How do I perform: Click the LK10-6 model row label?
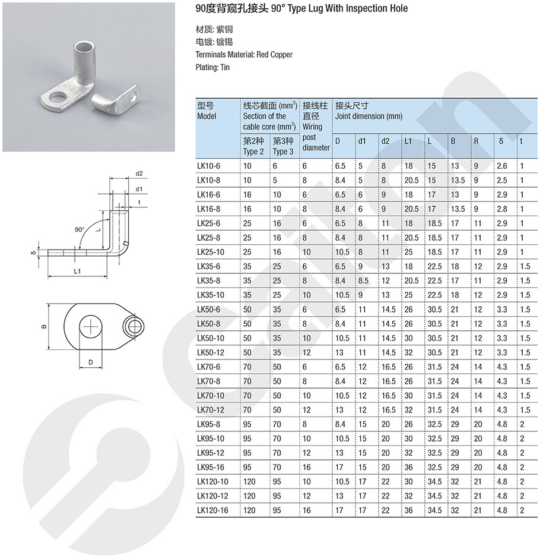click(208, 166)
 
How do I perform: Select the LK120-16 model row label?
click(212, 510)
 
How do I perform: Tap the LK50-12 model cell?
click(211, 352)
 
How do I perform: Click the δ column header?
click(501, 141)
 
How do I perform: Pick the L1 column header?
click(408, 141)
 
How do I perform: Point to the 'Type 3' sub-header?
click(283, 152)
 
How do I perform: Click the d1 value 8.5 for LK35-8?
click(363, 280)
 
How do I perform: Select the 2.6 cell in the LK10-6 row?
click(502, 166)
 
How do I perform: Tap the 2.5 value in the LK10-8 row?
click(502, 181)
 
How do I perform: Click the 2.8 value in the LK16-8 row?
click(502, 209)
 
